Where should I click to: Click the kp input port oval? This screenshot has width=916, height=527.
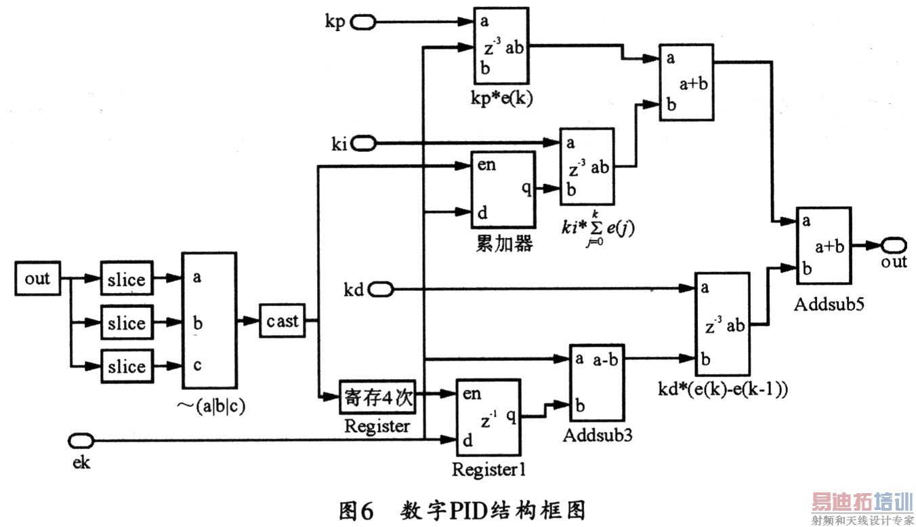click(363, 22)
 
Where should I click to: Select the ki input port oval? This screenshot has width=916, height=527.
click(364, 143)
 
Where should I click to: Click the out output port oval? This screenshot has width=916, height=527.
click(894, 244)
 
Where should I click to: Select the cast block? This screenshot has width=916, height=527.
click(282, 321)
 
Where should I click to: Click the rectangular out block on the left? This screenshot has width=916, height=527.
click(37, 279)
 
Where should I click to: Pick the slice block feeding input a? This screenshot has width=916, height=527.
click(127, 279)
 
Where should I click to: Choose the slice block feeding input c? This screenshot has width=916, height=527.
click(127, 366)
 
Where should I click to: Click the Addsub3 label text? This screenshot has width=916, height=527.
click(598, 435)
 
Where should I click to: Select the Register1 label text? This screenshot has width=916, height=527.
click(488, 469)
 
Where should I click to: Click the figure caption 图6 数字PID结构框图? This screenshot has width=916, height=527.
click(461, 510)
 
